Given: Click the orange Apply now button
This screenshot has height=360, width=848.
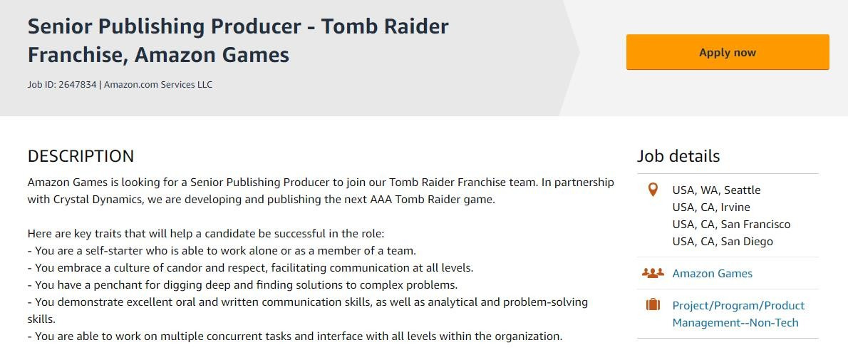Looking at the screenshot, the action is pyautogui.click(x=728, y=52).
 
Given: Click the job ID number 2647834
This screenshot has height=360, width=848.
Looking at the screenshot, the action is pyautogui.click(x=78, y=84).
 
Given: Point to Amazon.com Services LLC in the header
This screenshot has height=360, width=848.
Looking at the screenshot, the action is pyautogui.click(x=158, y=84).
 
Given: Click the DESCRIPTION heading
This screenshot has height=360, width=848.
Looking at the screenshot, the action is pyautogui.click(x=81, y=156).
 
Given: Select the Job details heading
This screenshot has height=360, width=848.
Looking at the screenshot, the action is pyautogui.click(x=678, y=156).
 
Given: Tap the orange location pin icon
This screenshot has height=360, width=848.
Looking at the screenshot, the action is pyautogui.click(x=653, y=190).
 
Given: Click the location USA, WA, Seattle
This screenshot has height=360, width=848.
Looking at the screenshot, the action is pyautogui.click(x=716, y=190).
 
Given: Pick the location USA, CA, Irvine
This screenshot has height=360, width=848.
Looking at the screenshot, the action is pyautogui.click(x=711, y=207).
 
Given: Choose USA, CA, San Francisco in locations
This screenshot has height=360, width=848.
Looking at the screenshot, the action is pyautogui.click(x=731, y=224).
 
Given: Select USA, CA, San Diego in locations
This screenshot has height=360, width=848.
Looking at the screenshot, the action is pyautogui.click(x=723, y=242).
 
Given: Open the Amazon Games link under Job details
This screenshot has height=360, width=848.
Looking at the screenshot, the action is pyautogui.click(x=713, y=273).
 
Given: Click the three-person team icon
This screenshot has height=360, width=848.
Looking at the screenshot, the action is pyautogui.click(x=653, y=273).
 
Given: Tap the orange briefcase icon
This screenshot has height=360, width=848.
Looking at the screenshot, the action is pyautogui.click(x=653, y=305).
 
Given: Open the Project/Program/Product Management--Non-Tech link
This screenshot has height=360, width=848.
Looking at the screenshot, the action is pyautogui.click(x=738, y=314).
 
